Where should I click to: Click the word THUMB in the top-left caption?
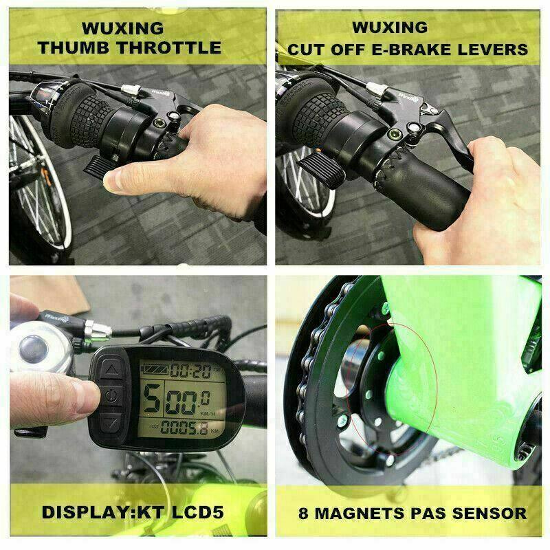73,47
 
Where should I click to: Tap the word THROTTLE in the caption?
168,47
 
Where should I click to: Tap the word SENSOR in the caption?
489,514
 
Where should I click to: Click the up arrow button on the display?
111,370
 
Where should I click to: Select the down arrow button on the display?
111,423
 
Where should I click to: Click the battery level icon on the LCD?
155,370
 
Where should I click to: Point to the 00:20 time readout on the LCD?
191,371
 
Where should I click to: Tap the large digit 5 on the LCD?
152,399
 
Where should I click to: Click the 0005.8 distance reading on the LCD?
184,428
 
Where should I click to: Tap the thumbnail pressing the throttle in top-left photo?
113,179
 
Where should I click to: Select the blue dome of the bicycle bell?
33,350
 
